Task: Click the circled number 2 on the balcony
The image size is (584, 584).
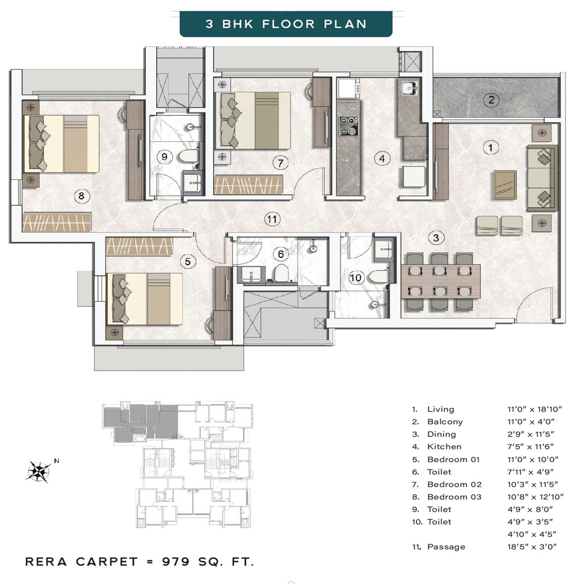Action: (491, 100)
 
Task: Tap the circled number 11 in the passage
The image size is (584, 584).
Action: (272, 219)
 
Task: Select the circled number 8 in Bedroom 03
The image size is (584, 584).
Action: (81, 196)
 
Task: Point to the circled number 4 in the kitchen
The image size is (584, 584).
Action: (382, 158)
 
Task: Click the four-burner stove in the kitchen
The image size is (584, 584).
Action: (348, 126)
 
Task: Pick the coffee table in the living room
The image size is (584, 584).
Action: (505, 184)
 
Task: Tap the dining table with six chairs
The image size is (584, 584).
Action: (440, 281)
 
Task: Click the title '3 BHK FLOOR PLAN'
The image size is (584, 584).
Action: (286, 24)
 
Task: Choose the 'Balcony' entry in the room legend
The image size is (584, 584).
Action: (445, 422)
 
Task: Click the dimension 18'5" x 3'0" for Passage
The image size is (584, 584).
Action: (532, 547)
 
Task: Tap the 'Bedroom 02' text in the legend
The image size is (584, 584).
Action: (454, 485)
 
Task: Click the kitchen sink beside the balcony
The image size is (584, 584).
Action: (408, 88)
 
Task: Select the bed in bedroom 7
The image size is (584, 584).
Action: (253, 121)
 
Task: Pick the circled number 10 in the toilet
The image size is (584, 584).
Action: (356, 277)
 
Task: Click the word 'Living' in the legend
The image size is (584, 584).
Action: (440, 409)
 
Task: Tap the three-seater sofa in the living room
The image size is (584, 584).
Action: (542, 178)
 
